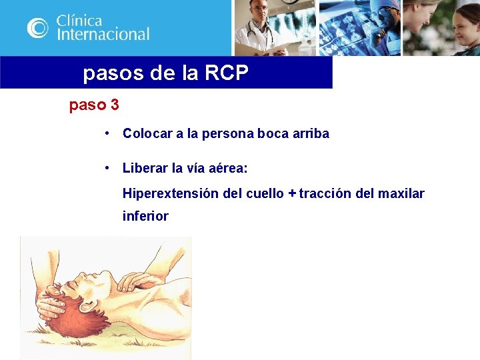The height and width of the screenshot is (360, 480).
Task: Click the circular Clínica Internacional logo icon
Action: tap(38, 27)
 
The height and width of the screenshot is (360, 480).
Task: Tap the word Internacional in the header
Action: tap(103, 34)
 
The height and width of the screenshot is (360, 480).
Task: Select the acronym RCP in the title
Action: tap(225, 73)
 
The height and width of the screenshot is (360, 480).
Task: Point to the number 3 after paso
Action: tap(115, 105)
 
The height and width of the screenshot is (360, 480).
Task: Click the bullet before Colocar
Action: tap(107, 133)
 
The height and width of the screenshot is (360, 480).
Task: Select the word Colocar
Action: tap(147, 133)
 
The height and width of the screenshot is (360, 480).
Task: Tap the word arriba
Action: tap(311, 133)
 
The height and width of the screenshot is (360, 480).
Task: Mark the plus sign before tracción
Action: tap(291, 194)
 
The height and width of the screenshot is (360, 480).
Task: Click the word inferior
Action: tap(145, 216)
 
